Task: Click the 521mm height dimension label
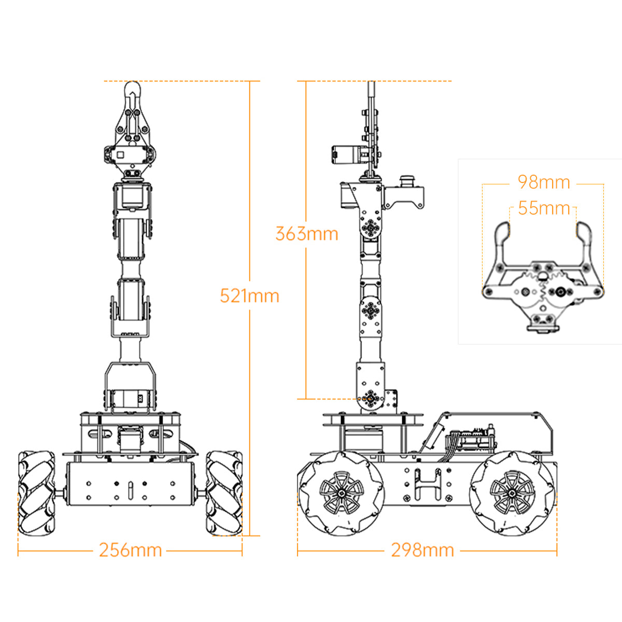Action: coord(249,296)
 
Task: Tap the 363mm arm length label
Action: coord(306,234)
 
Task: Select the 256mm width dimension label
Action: coord(130,550)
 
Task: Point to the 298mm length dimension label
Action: coord(422,550)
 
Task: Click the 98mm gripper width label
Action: coord(544,182)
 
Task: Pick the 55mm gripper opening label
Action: coord(544,208)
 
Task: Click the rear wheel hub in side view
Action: coord(512,493)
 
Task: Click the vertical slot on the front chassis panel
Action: coord(131,490)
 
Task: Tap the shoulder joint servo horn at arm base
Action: coord(371,398)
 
